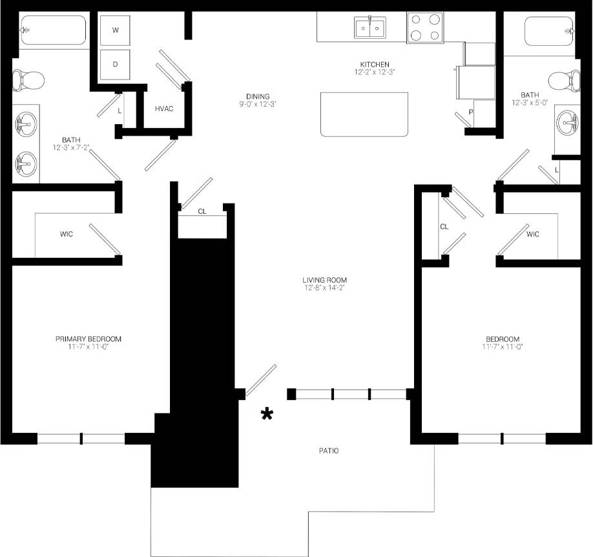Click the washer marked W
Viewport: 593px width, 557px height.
click(116, 30)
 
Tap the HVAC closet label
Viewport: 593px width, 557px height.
click(164, 109)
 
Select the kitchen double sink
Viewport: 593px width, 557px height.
click(369, 28)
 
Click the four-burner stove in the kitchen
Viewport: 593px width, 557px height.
click(425, 28)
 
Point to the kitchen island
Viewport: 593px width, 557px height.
click(364, 114)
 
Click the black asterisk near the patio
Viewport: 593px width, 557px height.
click(266, 414)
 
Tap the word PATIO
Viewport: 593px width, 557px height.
click(328, 451)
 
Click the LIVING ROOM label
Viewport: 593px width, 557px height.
click(324, 280)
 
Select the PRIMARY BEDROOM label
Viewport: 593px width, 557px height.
click(88, 339)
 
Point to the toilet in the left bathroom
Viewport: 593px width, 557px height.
click(28, 81)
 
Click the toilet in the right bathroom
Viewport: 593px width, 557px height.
click(564, 81)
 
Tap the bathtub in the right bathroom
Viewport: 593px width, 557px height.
click(548, 30)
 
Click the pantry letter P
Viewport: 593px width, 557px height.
click(471, 111)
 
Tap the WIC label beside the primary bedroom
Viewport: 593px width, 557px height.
click(66, 234)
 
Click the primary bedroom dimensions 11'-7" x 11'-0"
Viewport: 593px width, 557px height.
click(88, 347)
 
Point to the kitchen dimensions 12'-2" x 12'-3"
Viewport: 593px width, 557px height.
click(375, 72)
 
